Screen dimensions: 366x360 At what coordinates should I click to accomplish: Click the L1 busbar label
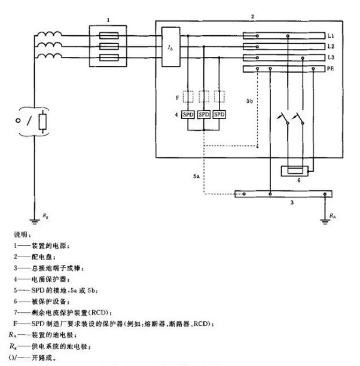tap(330, 37)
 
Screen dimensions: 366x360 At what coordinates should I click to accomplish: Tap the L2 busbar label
tap(330, 47)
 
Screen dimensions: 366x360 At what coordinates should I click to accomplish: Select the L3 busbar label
tap(330, 58)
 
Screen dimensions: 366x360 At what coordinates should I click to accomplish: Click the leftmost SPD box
tap(188, 114)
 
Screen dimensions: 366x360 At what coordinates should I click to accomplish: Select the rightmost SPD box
tap(220, 114)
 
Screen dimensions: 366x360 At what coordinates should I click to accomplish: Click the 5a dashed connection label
tap(196, 178)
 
